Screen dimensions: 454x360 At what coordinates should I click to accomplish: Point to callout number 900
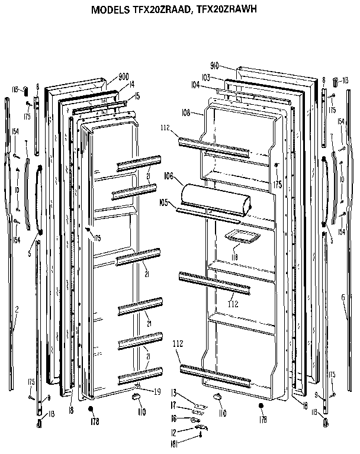coord(124,77)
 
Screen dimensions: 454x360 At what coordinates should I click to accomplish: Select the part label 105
coord(163,202)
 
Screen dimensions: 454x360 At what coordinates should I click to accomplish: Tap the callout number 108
coord(186,112)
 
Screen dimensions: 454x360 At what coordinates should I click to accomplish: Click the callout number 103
coord(205,78)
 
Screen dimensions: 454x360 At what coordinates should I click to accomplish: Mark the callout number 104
coord(195,85)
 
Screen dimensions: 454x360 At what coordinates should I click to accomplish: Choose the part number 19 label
coord(157,391)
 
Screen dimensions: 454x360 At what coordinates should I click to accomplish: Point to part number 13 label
coord(174,392)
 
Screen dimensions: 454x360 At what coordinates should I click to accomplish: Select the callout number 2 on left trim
coord(17,309)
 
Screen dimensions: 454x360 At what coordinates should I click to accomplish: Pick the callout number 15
coord(137,96)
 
